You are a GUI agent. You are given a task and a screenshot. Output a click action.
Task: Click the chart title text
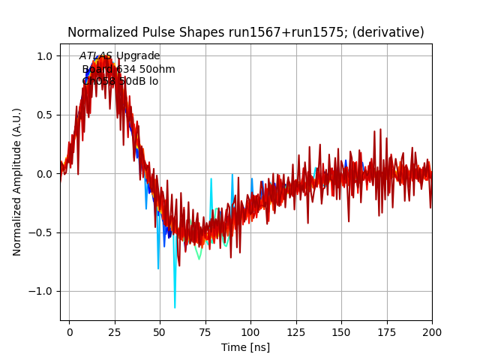245,32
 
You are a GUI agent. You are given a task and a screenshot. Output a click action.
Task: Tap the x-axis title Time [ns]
245,347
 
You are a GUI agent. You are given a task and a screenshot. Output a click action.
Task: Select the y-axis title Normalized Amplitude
17,182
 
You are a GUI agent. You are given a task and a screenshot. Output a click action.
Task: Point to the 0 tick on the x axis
69,331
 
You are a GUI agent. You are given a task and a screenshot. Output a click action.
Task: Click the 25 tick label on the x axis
115,331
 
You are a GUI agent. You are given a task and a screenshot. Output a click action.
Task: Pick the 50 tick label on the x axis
160,331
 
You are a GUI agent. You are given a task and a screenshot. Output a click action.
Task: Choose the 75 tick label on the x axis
205,331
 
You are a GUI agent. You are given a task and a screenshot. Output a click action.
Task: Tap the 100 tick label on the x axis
250,331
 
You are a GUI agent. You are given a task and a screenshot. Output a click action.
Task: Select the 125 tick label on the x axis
296,331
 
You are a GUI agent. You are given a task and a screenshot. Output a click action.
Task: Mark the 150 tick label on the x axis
341,331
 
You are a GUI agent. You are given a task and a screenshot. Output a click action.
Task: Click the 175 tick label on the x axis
387,331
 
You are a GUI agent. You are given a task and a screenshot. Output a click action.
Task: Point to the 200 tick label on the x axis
432,331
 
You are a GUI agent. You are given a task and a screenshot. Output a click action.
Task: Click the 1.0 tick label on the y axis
44,56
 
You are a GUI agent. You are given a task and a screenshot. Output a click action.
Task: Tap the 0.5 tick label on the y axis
44,115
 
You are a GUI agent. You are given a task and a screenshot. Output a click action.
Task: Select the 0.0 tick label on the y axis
44,174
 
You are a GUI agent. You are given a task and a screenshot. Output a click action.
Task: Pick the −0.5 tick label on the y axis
41,232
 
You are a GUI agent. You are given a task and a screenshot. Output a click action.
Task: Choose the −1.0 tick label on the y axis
41,291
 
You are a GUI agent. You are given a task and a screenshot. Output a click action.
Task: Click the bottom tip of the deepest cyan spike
175,307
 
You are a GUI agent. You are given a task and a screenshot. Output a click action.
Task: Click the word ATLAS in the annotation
96,56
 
